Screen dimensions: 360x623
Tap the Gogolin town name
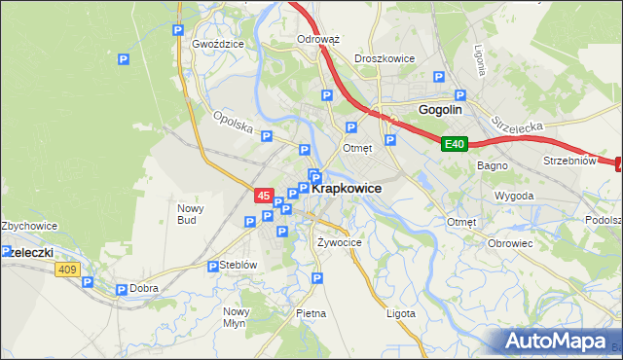[x=440, y=110]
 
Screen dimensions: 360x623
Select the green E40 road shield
[x=455, y=144]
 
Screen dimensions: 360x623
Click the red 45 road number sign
[x=264, y=196]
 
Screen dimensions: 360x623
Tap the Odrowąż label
[x=317, y=40]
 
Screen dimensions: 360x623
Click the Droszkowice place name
[x=385, y=58]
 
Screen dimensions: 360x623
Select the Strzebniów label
[x=568, y=161]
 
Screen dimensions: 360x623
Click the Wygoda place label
[x=514, y=196]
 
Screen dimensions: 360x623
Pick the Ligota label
[x=400, y=313]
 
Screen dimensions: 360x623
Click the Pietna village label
[x=311, y=313]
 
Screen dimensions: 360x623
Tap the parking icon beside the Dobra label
[x=122, y=289]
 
